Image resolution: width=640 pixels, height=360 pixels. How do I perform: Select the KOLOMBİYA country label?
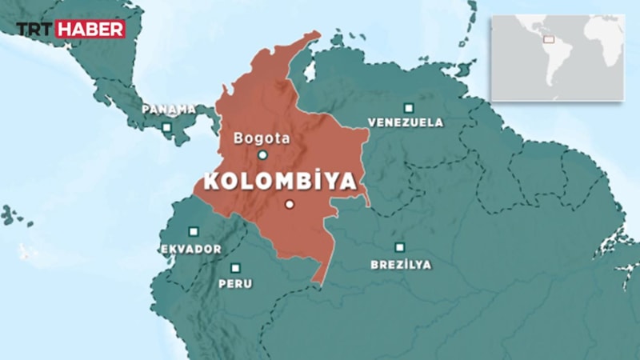[280, 181]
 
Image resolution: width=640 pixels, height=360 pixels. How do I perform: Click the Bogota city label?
[262, 138]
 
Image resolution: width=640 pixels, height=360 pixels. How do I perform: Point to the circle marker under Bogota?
[262, 155]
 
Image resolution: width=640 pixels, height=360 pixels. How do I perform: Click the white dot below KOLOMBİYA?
[290, 204]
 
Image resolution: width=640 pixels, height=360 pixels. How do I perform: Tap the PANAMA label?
[169, 109]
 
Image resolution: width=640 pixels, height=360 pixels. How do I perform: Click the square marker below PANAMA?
[166, 126]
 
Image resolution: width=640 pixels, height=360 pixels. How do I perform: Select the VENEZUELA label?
[406, 123]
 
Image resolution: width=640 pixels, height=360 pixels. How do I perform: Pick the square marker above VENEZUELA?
[409, 107]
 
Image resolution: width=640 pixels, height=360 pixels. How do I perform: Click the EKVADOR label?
[191, 249]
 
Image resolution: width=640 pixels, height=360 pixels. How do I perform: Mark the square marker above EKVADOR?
[193, 231]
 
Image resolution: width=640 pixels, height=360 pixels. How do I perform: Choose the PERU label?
[235, 284]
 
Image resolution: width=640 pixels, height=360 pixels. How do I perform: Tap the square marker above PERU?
[235, 268]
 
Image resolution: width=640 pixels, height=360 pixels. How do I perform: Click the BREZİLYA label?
[401, 264]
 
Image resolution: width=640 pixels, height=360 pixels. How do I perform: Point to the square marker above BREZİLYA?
[399, 247]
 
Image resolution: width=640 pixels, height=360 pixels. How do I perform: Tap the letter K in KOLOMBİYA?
[212, 181]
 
